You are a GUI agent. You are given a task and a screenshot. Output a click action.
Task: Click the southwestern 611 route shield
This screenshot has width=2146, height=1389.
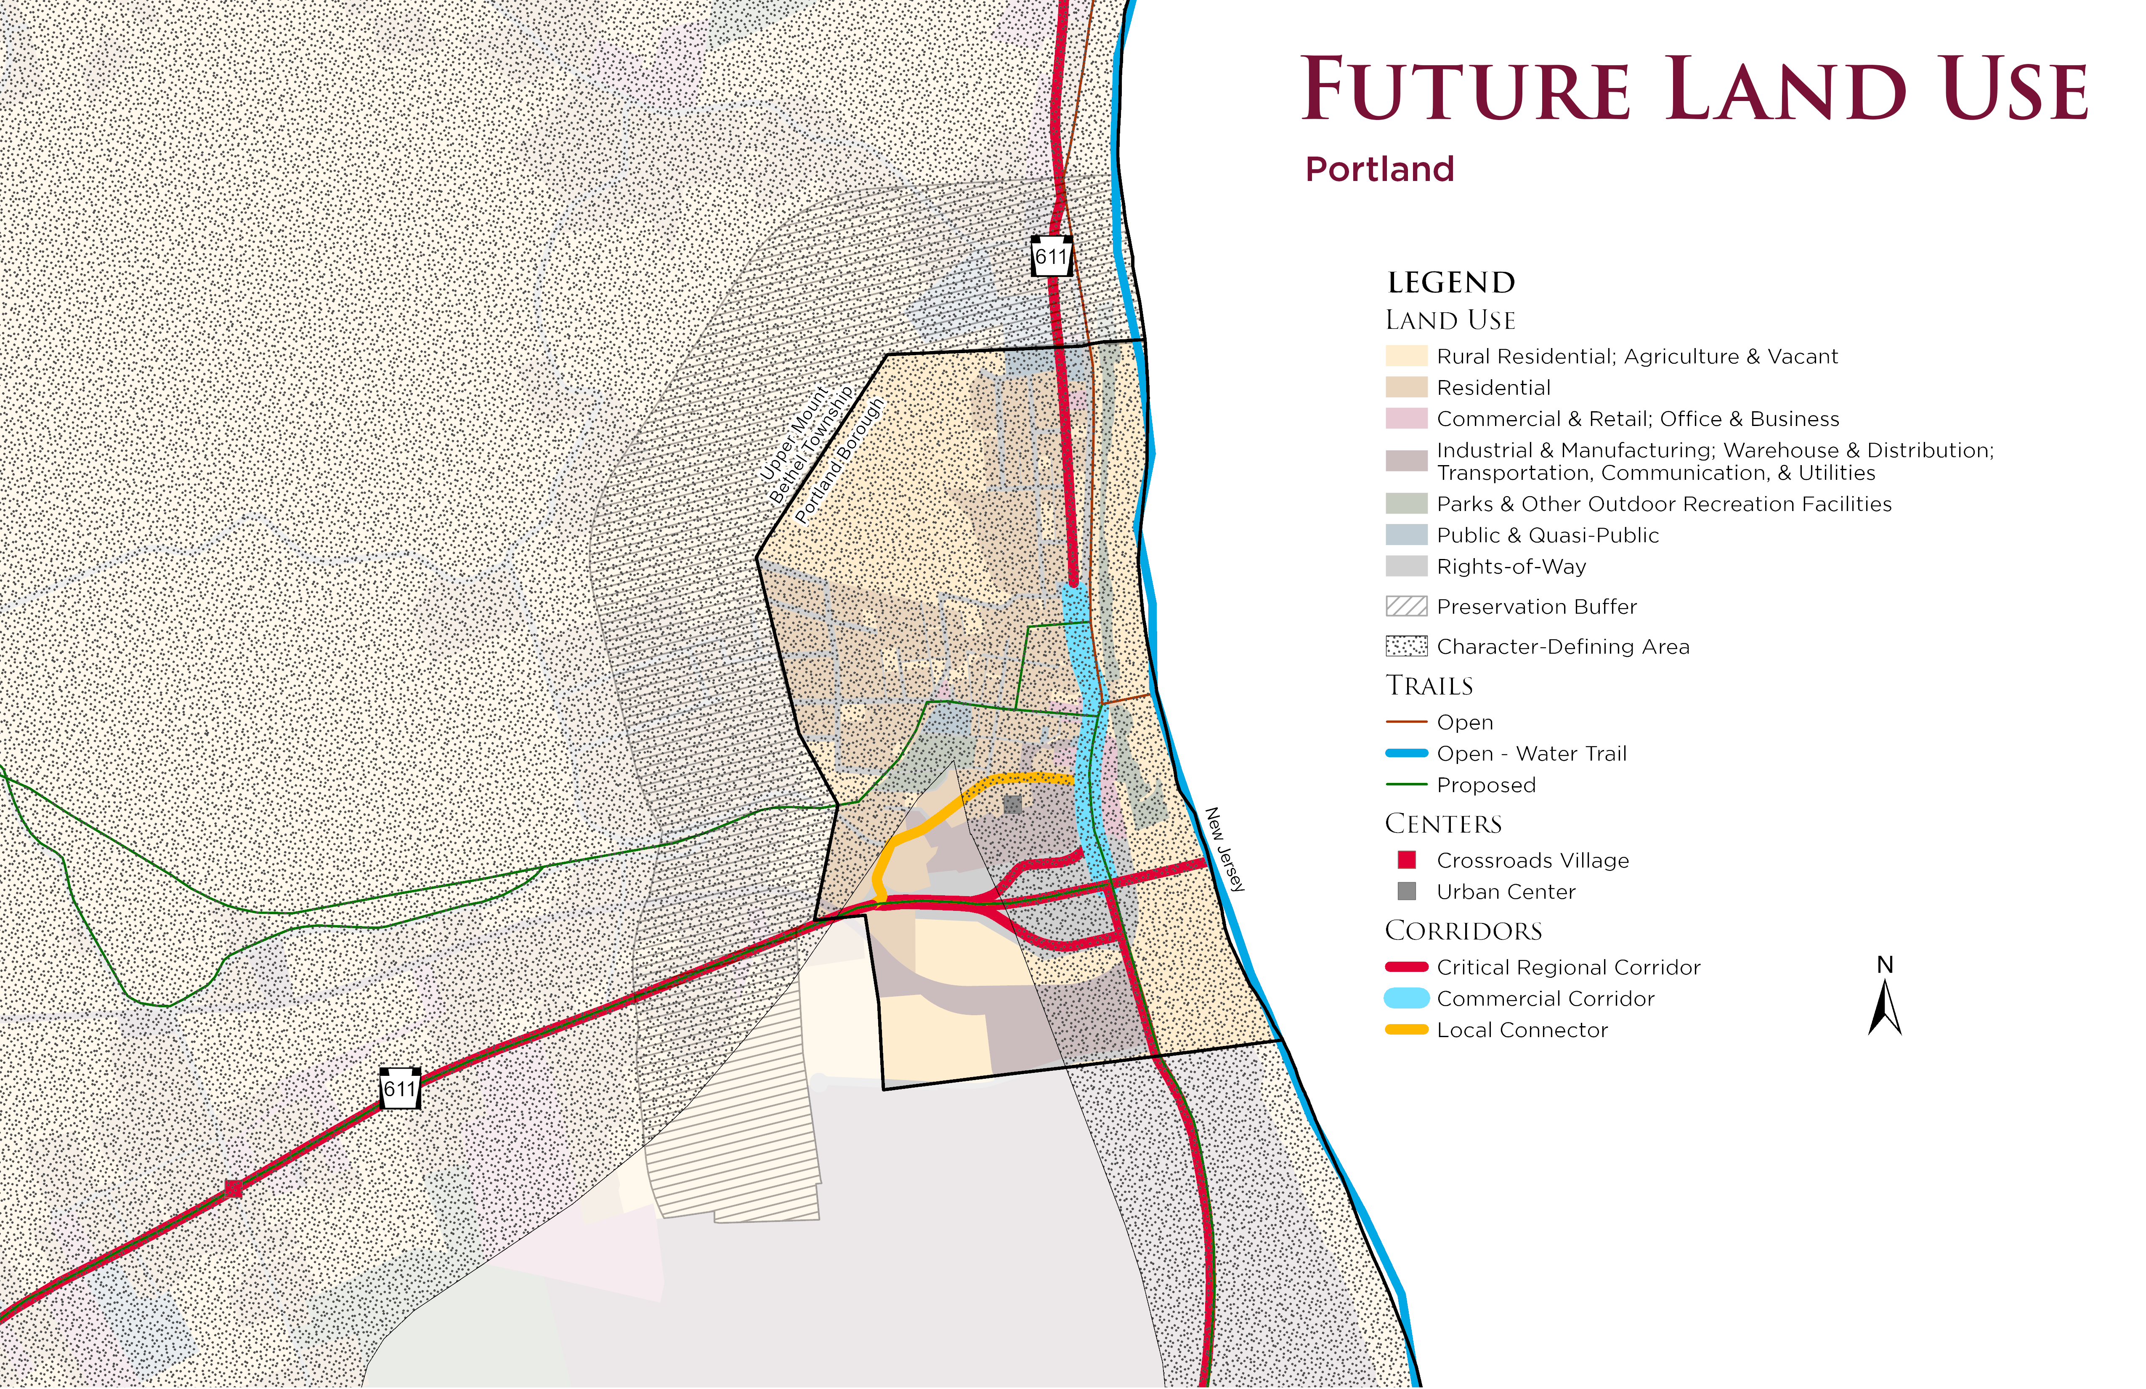coord(399,1088)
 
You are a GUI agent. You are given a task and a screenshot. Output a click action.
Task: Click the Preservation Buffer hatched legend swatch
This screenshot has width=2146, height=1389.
coord(1406,606)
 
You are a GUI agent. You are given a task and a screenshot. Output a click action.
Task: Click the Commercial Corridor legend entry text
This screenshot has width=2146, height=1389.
coord(1546,998)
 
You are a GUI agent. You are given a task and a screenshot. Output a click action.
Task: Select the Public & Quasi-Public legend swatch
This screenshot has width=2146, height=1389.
coord(1406,535)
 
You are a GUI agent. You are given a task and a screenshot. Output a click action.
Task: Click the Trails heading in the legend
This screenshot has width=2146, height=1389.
coord(1429,686)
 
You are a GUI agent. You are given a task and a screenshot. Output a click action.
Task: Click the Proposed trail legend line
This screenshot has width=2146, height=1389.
coord(1406,785)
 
